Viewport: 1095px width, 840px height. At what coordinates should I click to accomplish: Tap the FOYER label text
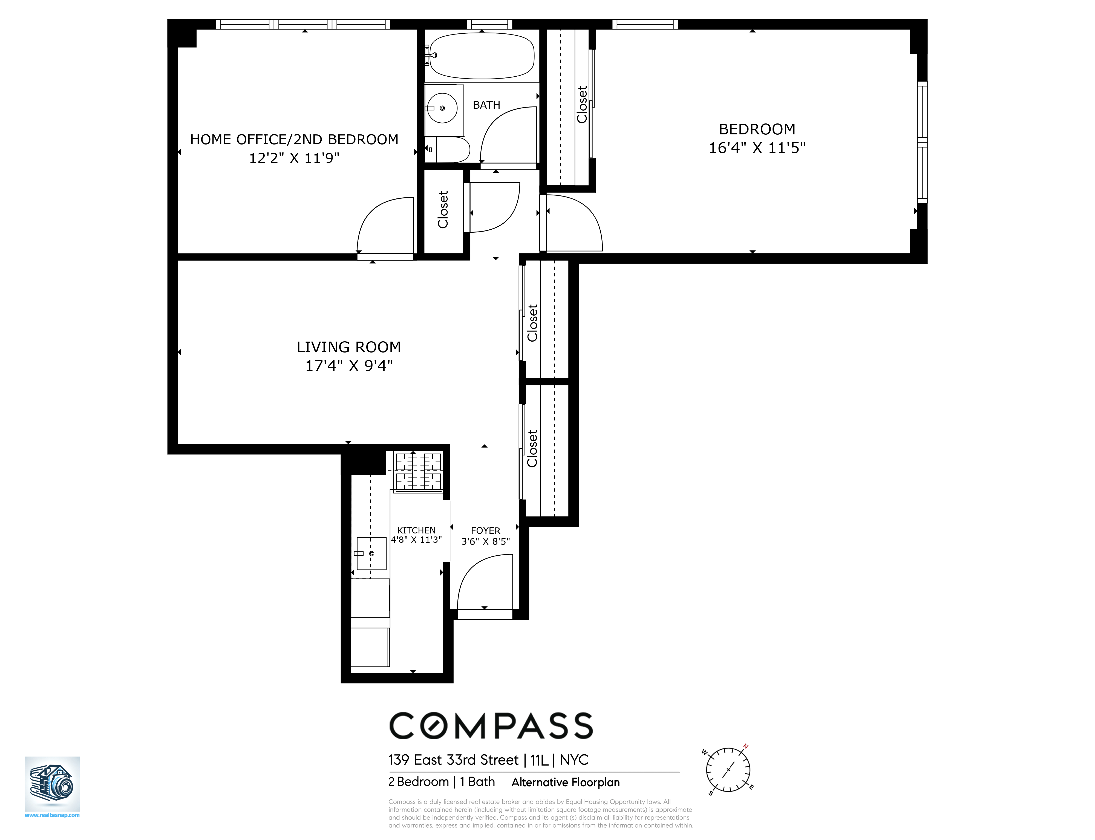click(x=485, y=530)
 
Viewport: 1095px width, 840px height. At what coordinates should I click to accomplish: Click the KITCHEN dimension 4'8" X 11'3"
click(x=416, y=539)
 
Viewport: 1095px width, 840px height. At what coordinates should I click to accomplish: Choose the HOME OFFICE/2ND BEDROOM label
click(x=294, y=140)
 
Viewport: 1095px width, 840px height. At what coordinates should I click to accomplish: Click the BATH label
click(x=486, y=105)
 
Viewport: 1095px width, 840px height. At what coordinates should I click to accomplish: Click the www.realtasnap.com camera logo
click(x=52, y=784)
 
